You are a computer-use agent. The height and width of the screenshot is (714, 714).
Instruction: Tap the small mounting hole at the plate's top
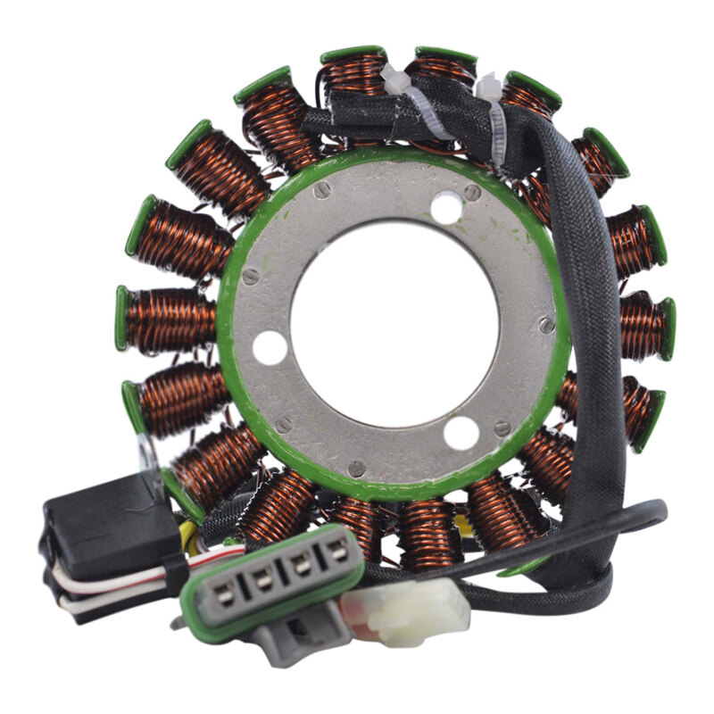[x=445, y=209]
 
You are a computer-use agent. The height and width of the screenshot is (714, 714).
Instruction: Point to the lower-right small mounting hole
[x=461, y=433]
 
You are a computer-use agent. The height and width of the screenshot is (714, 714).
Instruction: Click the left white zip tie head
[x=395, y=79]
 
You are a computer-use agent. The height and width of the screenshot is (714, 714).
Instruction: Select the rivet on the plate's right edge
[x=546, y=326]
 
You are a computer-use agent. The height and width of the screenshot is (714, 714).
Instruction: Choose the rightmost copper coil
[x=644, y=325]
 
